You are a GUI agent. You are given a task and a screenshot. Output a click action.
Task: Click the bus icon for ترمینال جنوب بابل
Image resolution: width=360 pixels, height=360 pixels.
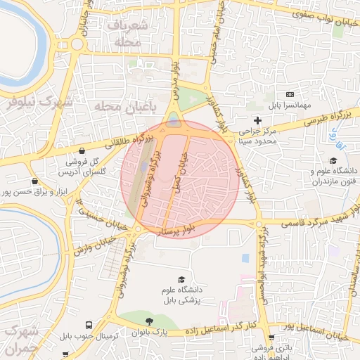[x=89, y=326]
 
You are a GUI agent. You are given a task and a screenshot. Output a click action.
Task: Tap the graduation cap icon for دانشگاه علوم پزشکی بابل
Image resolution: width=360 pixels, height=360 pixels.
[x=182, y=279]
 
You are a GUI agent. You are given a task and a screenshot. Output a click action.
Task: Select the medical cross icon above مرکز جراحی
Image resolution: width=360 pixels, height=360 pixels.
[x=257, y=121]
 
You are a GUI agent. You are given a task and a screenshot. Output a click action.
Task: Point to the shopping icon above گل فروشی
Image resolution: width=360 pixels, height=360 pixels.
[x=82, y=150]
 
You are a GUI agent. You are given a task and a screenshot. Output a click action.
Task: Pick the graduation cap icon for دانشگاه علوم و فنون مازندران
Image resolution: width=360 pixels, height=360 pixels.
[x=334, y=160]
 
